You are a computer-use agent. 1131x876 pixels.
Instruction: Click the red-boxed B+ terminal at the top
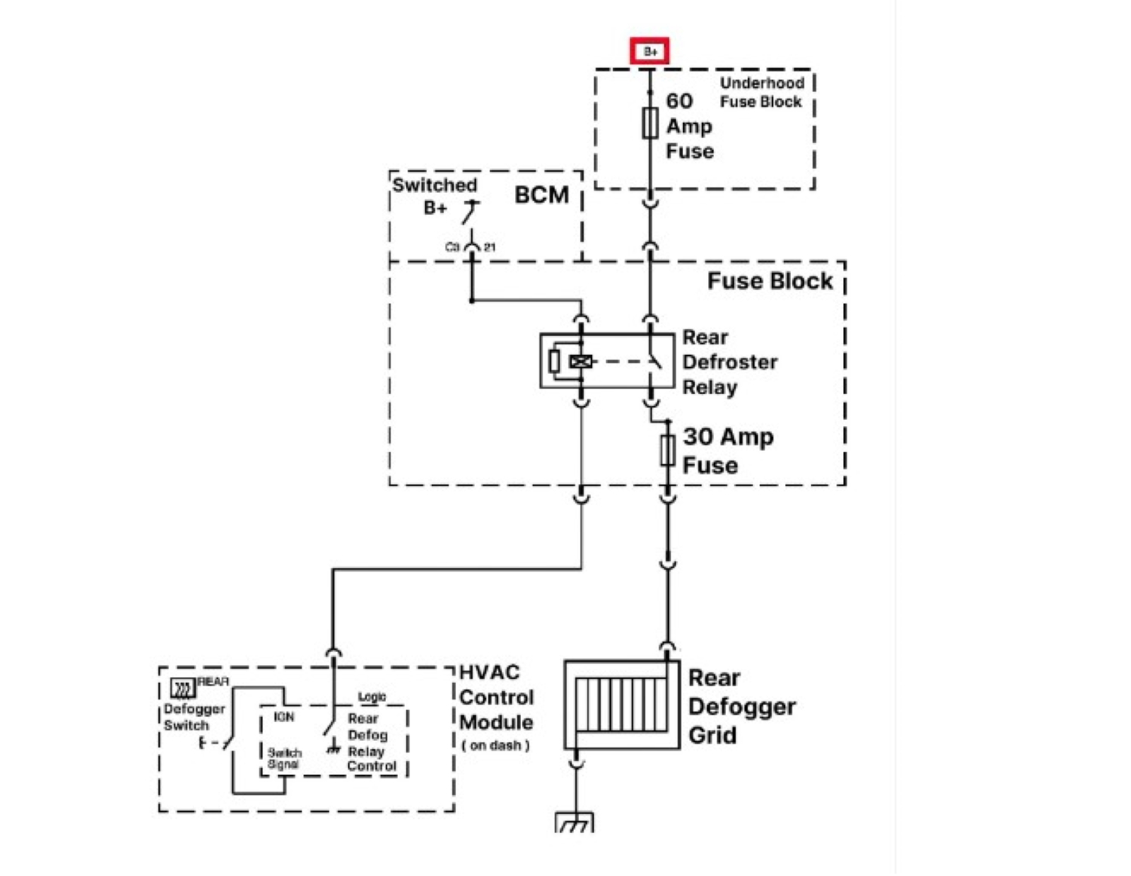650,51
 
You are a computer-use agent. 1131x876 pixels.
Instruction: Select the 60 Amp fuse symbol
650,124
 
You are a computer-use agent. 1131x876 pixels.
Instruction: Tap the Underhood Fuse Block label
762,92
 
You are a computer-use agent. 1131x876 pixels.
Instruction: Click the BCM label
541,195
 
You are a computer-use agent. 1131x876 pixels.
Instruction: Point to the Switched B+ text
434,195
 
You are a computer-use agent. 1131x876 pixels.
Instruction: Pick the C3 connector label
452,247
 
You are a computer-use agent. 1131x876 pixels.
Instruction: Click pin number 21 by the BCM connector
490,247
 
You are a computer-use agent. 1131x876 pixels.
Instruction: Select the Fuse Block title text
770,281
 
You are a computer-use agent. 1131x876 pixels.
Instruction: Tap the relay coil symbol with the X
580,362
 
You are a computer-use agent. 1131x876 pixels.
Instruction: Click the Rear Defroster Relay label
729,362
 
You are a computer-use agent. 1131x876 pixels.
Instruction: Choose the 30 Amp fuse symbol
667,451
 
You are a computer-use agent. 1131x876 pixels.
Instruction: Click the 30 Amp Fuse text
728,451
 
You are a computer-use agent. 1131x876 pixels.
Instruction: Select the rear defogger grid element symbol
621,704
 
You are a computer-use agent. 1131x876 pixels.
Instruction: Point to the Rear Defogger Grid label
741,706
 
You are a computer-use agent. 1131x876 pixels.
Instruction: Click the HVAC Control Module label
496,697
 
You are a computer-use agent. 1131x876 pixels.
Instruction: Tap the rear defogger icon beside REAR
182,687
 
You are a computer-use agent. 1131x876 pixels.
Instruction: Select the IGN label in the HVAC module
284,717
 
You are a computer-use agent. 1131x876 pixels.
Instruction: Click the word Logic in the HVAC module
372,697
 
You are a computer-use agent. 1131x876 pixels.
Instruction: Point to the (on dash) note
495,746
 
